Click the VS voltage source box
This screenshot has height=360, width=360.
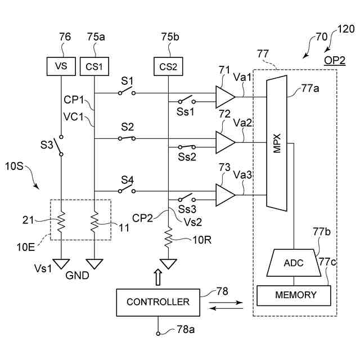61,66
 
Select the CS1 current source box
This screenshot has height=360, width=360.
94,66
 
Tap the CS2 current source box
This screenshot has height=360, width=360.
168,66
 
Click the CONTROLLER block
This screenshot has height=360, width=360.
158,303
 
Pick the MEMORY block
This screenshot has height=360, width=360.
294,295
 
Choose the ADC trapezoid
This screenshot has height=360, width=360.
294,263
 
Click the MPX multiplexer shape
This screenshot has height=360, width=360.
277,143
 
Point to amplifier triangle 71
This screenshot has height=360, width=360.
225,97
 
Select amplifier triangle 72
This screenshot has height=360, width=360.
225,142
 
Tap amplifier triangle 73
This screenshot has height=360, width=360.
225,195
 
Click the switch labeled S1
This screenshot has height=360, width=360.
127,91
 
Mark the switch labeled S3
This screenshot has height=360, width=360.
58,146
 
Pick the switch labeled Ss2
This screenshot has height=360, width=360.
187,147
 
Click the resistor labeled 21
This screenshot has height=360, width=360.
61,222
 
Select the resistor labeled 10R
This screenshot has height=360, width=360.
168,237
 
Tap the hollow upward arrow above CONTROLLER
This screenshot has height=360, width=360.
158,277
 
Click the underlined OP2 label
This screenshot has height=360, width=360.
335,61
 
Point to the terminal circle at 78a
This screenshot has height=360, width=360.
158,334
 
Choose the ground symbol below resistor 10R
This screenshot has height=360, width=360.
168,264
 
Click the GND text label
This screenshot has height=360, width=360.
77,276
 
